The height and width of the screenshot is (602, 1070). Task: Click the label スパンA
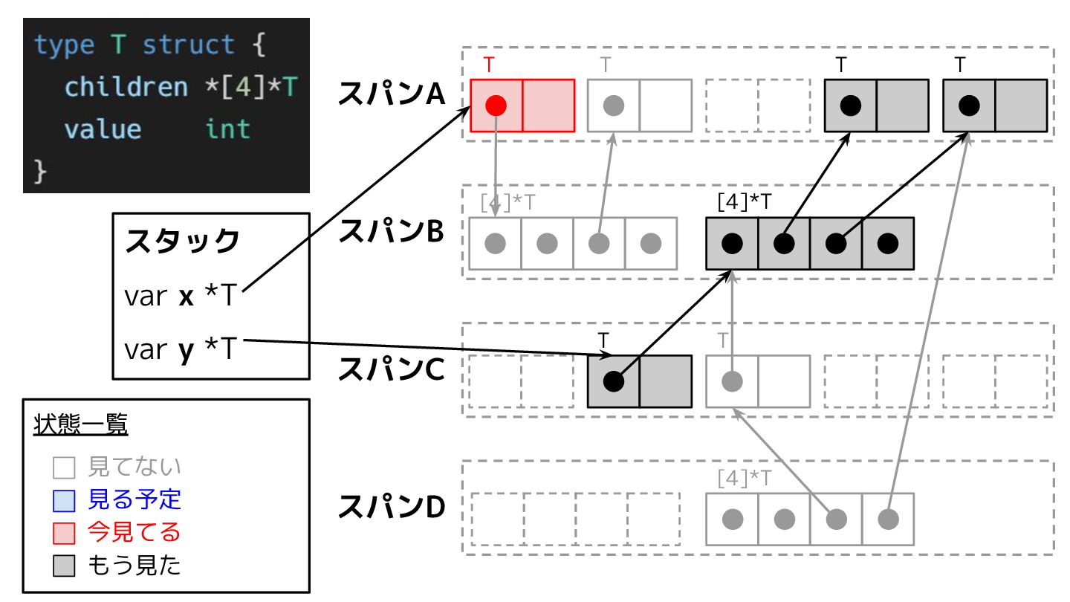pyautogui.click(x=391, y=94)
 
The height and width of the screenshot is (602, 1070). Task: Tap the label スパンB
pyautogui.click(x=391, y=231)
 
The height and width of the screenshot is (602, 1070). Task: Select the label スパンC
pyautogui.click(x=391, y=369)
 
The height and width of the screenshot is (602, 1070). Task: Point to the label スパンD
pyautogui.click(x=391, y=507)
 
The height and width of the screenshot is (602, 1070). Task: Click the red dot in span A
pyautogui.click(x=496, y=106)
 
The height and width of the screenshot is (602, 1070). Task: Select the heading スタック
pyautogui.click(x=182, y=241)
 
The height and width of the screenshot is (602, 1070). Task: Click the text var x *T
pyautogui.click(x=180, y=297)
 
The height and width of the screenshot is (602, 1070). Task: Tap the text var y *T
pyautogui.click(x=180, y=349)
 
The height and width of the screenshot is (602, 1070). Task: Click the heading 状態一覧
pyautogui.click(x=81, y=426)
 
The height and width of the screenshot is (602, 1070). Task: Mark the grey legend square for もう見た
pyautogui.click(x=64, y=567)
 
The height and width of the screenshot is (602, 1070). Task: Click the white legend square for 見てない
pyautogui.click(x=64, y=467)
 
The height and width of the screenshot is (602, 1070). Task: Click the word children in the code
pyautogui.click(x=126, y=87)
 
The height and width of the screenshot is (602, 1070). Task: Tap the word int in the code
pyautogui.click(x=227, y=129)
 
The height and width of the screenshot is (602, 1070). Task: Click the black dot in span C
pyautogui.click(x=613, y=381)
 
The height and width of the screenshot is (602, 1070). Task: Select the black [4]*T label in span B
pyautogui.click(x=745, y=201)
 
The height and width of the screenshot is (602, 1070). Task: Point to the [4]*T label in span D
pyautogui.click(x=745, y=477)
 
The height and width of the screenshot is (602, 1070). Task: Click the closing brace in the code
pyautogui.click(x=41, y=172)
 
